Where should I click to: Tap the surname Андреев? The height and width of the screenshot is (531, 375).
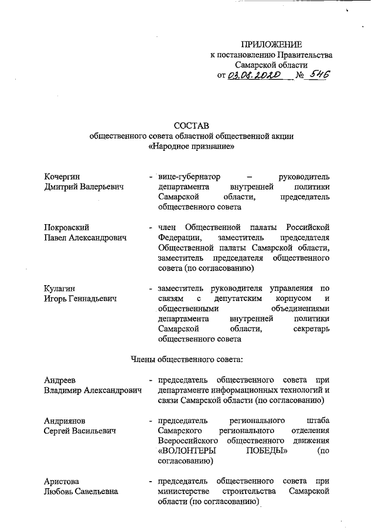click(60, 380)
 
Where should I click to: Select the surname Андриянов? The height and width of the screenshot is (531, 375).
click(64, 421)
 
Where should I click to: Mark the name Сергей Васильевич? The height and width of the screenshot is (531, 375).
click(80, 431)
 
